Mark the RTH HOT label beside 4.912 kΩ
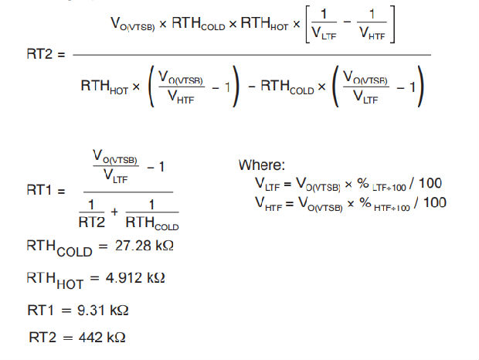(x=55, y=277)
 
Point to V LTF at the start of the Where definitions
(x=267, y=185)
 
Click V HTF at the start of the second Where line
(x=267, y=202)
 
